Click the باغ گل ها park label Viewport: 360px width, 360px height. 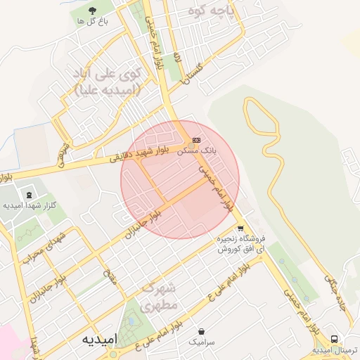pos(91,21)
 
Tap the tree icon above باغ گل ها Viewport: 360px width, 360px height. pos(92,9)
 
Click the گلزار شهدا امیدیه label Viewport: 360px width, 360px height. pos(30,205)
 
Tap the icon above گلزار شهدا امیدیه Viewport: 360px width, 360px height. pos(29,194)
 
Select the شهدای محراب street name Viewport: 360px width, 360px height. pos(42,247)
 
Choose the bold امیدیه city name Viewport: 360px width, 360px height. pos(88,339)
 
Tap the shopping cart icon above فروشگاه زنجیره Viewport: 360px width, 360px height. pos(240,229)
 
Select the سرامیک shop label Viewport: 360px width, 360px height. pos(202,342)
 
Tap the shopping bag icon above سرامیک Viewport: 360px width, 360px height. pos(202,330)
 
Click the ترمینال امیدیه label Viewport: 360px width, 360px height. pos(336,349)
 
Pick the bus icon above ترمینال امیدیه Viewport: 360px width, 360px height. pos(334,339)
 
